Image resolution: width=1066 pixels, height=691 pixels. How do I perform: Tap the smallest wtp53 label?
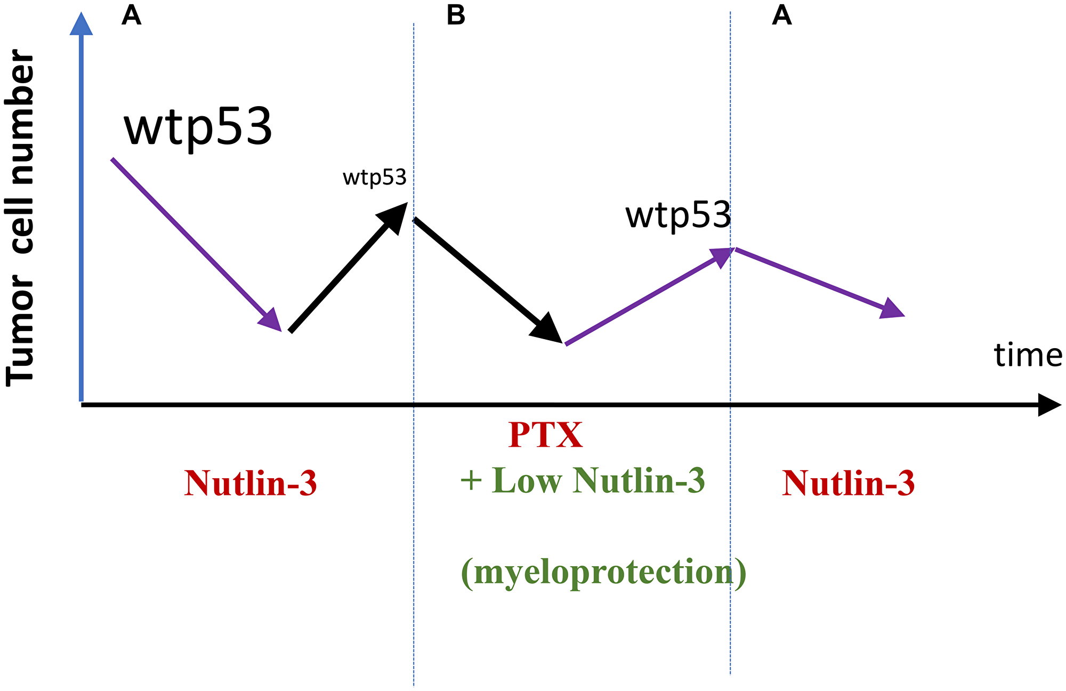click(x=374, y=178)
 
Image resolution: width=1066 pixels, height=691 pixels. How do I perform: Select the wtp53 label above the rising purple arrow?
click(x=677, y=215)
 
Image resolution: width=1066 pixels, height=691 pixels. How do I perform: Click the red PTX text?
click(x=545, y=435)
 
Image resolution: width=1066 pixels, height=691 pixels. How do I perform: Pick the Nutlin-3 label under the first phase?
click(x=251, y=484)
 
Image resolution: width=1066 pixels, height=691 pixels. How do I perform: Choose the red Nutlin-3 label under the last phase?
click(x=848, y=484)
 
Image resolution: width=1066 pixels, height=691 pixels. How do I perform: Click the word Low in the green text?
click(x=527, y=480)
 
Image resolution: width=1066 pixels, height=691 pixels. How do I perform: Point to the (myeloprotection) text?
click(x=603, y=572)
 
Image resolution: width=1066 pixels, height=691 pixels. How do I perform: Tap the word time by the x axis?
click(x=1028, y=356)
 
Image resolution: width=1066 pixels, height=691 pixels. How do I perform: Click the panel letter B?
click(x=456, y=16)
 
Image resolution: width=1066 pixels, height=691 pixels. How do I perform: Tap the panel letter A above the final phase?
click(x=781, y=16)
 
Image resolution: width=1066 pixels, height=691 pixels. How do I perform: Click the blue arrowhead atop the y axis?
click(x=81, y=24)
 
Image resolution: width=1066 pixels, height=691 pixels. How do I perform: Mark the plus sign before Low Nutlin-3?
click(x=471, y=480)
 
